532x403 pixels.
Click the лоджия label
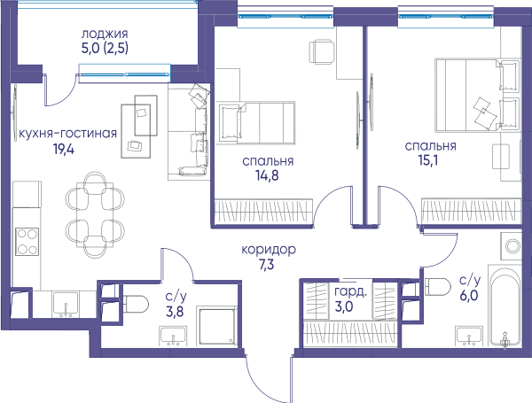pyautogui.click(x=105, y=34)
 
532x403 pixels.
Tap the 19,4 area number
pyautogui.click(x=64, y=149)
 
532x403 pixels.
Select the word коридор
pyautogui.click(x=269, y=250)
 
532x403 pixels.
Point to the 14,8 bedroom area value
pyautogui.click(x=267, y=176)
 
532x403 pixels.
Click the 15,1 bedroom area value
pyautogui.click(x=428, y=160)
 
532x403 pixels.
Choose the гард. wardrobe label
pyautogui.click(x=350, y=291)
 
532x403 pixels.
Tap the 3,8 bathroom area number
pyautogui.click(x=175, y=311)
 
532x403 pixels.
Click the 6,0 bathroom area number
pyautogui.click(x=469, y=296)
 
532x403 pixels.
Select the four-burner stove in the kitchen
pyautogui.click(x=27, y=242)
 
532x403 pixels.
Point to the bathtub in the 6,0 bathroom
pyautogui.click(x=505, y=305)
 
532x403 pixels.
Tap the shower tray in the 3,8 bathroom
pyautogui.click(x=217, y=327)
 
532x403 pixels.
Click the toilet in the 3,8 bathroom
pyautogui.click(x=136, y=304)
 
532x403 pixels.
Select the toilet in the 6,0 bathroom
pyautogui.click(x=438, y=287)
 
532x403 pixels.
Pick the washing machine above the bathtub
pyautogui.click(x=511, y=245)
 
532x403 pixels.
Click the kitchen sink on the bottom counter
pyautogui.click(x=66, y=304)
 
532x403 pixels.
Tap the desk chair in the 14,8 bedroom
pyautogui.click(x=322, y=51)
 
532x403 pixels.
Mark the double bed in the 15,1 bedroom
pyautogui.click(x=477, y=95)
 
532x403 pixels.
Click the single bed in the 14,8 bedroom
pyautogui.click(x=256, y=123)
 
